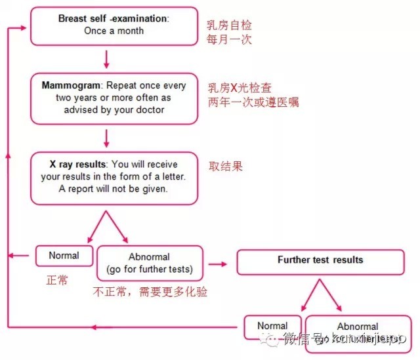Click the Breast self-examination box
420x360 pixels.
coord(114,25)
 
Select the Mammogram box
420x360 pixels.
coord(114,98)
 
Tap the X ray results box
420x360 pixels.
coord(114,178)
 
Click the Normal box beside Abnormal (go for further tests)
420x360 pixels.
coord(64,256)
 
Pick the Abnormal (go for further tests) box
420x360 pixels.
coord(150,263)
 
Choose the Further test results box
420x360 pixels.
coord(320,260)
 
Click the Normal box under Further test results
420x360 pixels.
coord(272,326)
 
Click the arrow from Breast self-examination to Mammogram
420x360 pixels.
coord(106,60)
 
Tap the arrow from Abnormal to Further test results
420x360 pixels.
coord(217,264)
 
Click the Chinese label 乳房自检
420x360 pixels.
coord(229,26)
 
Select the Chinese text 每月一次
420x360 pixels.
coord(229,39)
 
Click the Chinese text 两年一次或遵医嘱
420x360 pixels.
coord(253,102)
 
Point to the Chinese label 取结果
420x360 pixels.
coord(226,166)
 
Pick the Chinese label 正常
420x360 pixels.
coord(56,279)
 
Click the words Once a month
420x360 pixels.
coord(113,31)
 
